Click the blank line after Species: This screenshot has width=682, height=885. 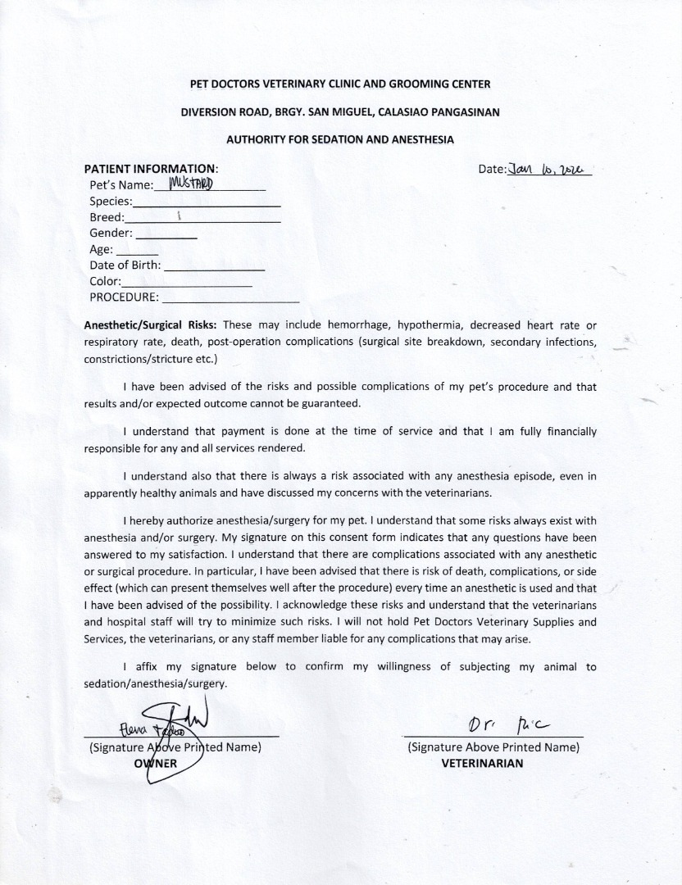click(207, 202)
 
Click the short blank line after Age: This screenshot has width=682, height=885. click(137, 251)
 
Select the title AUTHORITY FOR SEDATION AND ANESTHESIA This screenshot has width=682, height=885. click(340, 139)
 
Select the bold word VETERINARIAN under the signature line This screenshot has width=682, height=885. click(482, 763)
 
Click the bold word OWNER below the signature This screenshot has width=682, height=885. click(155, 763)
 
